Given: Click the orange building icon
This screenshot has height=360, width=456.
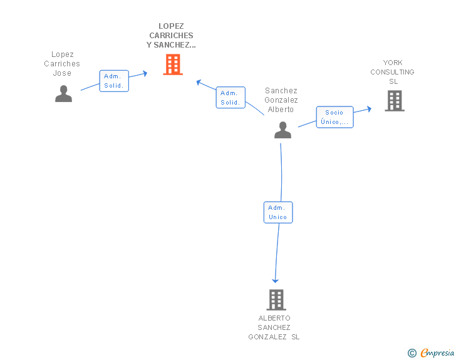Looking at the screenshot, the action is pyautogui.click(x=173, y=64).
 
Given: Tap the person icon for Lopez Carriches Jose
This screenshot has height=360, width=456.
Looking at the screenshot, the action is pyautogui.click(x=63, y=94).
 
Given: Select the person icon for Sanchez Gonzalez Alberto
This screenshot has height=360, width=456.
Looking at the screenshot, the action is pyautogui.click(x=282, y=130).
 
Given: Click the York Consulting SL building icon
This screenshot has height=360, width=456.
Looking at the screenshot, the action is pyautogui.click(x=395, y=101).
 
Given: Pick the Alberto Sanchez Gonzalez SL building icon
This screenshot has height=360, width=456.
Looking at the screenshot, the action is pyautogui.click(x=276, y=300).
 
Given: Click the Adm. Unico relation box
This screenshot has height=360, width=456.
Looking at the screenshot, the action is pyautogui.click(x=278, y=212).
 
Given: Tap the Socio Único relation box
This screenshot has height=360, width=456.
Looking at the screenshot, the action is pyautogui.click(x=334, y=117).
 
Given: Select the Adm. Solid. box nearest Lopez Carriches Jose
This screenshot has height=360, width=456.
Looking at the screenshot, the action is pyautogui.click(x=114, y=81).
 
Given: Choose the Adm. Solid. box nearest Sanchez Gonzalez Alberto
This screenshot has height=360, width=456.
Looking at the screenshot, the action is pyautogui.click(x=231, y=98).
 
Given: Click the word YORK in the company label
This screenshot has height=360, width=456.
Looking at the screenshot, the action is pyautogui.click(x=393, y=63).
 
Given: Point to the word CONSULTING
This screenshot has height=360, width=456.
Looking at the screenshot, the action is pyautogui.click(x=392, y=72).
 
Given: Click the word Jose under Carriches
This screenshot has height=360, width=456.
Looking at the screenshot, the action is pyautogui.click(x=62, y=73).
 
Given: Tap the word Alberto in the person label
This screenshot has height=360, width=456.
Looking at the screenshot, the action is pyautogui.click(x=281, y=110).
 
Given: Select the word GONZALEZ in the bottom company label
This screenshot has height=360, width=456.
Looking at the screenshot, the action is pyautogui.click(x=267, y=337).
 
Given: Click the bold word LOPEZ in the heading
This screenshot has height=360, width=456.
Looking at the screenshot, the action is pyautogui.click(x=171, y=26).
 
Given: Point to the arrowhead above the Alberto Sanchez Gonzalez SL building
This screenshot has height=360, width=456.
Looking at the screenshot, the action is pyautogui.click(x=275, y=280).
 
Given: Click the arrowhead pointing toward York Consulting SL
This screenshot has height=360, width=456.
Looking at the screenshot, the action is pyautogui.click(x=369, y=109).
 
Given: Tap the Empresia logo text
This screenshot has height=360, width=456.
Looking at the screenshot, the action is pyautogui.click(x=437, y=352).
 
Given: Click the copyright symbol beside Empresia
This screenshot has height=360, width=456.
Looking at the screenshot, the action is pyautogui.click(x=412, y=353).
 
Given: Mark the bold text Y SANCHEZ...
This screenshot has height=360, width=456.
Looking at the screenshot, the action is pyautogui.click(x=171, y=45).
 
